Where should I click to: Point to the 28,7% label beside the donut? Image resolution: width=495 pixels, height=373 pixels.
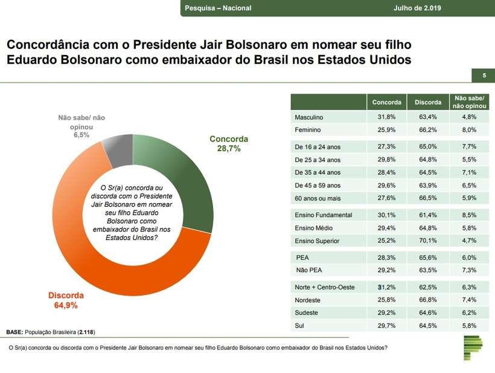[229, 148]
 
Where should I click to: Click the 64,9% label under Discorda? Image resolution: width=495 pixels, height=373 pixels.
[65, 305]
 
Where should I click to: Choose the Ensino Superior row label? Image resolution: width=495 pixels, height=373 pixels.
[317, 241]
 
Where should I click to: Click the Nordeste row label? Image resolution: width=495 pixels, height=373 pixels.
[308, 299]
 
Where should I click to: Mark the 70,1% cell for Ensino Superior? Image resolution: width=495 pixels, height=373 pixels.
[427, 241]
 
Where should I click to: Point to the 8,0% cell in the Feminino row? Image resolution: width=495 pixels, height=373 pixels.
[469, 130]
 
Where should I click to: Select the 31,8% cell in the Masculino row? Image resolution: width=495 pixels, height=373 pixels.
[386, 117]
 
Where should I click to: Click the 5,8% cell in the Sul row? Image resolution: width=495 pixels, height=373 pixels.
[469, 326]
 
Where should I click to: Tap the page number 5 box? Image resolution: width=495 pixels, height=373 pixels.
[484, 76]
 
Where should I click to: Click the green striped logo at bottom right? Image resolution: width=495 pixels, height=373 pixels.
[473, 350]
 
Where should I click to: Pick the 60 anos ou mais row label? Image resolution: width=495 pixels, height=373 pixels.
[318, 198]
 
